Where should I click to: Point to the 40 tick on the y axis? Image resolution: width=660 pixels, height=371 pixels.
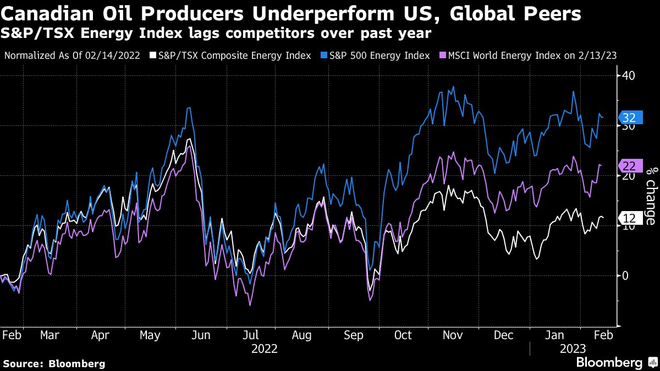pos(629,75)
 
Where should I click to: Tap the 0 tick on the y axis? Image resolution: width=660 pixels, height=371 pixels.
pos(625,275)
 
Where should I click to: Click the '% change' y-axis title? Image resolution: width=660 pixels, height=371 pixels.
pos(650,196)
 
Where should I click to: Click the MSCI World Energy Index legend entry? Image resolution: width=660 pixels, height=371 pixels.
pos(533,56)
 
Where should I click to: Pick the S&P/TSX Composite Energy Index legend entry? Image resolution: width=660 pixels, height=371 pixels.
pos(234,56)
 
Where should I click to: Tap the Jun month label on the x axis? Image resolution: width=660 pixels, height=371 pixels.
pos(201,335)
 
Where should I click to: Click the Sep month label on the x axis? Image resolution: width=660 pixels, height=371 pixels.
pos(353,335)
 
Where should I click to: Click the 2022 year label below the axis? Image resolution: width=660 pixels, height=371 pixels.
pos(265,348)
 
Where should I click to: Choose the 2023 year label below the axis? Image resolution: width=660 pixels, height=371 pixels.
pos(572,348)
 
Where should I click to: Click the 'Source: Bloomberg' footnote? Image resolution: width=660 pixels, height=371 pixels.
pos(54,363)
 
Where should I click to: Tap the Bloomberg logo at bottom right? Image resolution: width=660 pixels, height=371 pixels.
pos(616,362)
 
